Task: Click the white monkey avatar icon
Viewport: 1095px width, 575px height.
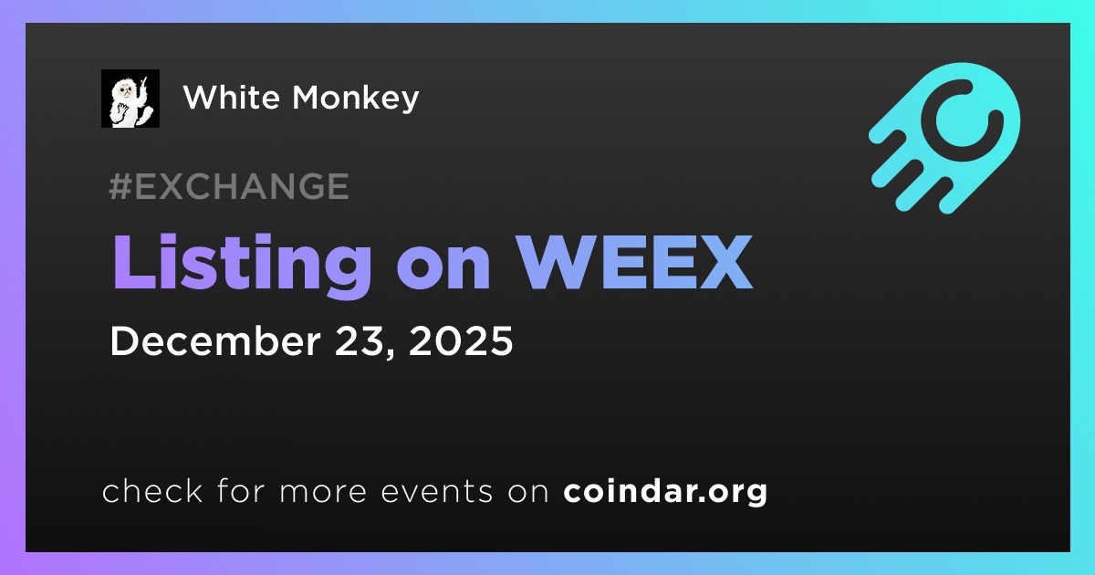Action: (x=130, y=99)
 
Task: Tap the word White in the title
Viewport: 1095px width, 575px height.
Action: (x=232, y=97)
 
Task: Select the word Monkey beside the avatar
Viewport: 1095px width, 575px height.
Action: (x=355, y=99)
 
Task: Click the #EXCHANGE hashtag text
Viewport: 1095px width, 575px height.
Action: (x=229, y=186)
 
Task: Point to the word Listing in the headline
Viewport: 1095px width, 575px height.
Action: (x=242, y=266)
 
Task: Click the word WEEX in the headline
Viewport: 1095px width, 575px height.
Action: (x=635, y=263)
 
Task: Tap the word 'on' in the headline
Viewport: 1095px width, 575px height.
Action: (x=443, y=270)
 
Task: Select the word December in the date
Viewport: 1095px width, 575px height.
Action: (x=215, y=340)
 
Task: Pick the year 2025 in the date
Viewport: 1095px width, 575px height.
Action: (x=461, y=340)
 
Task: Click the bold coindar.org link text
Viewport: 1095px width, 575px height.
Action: (x=665, y=492)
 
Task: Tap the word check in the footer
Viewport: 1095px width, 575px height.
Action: (x=152, y=491)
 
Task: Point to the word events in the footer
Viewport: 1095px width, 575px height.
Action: (x=437, y=492)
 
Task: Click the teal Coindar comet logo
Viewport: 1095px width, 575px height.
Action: (x=944, y=138)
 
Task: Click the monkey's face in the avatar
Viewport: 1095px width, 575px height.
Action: (x=125, y=92)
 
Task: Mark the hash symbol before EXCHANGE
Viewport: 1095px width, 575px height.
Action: (x=120, y=186)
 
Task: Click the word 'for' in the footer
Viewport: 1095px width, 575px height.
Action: (x=241, y=491)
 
